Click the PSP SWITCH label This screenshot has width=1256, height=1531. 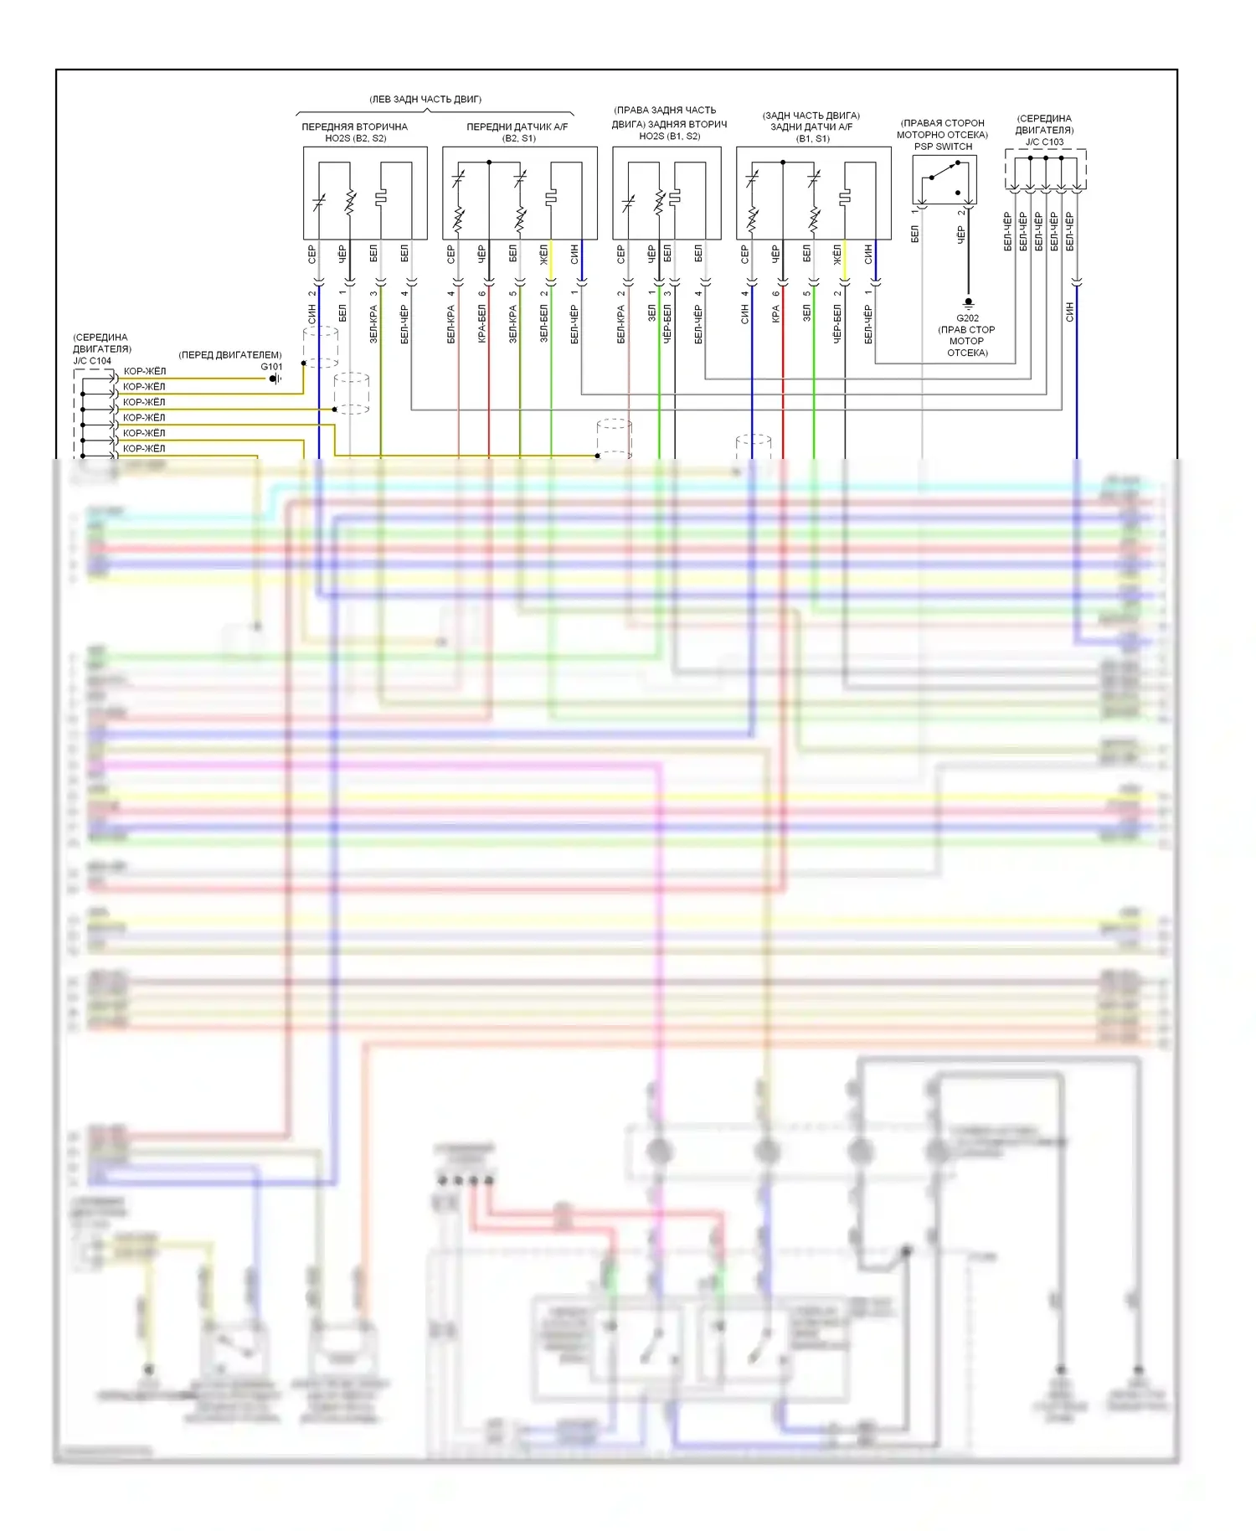(943, 147)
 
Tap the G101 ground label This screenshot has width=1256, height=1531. (271, 367)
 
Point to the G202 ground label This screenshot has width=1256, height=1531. (967, 318)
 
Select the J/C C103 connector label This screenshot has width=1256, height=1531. (1044, 142)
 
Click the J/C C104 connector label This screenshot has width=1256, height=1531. (92, 361)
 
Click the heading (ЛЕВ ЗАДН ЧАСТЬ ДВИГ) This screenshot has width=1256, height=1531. (425, 100)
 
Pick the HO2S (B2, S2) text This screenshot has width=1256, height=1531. (355, 138)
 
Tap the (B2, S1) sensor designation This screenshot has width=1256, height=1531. (518, 138)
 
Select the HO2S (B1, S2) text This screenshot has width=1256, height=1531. (669, 136)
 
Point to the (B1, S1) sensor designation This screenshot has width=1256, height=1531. (812, 138)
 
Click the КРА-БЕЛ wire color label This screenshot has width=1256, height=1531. (482, 323)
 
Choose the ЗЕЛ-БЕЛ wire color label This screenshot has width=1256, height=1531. (544, 323)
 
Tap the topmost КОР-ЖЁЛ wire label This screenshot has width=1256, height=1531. (145, 371)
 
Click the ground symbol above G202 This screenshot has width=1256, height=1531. (968, 302)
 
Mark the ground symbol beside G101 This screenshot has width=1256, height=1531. (275, 379)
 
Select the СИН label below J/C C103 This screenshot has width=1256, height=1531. (1069, 312)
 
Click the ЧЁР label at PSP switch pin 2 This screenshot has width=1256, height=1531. (961, 235)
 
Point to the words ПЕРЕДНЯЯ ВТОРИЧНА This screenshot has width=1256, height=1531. (354, 127)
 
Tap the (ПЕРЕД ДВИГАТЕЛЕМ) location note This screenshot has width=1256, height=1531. (230, 355)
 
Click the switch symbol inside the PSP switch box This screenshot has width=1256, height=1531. (945, 178)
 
